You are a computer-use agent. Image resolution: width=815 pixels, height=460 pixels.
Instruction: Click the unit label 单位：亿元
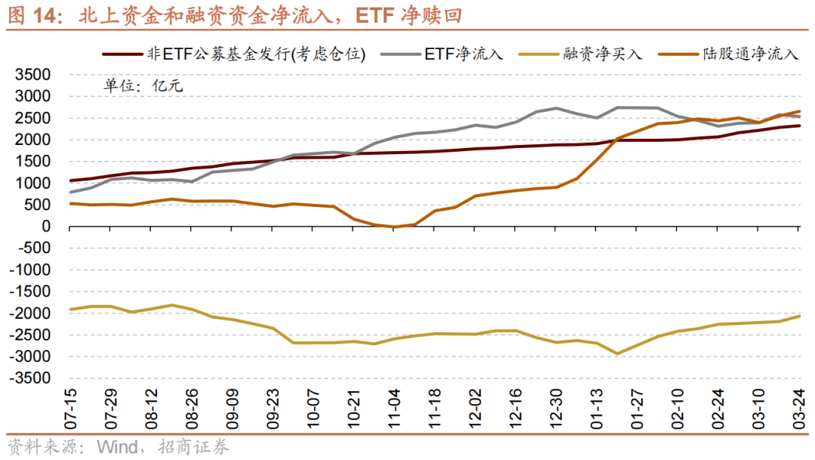coord(143,85)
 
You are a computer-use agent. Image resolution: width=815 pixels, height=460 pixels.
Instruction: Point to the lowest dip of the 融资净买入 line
coord(617,353)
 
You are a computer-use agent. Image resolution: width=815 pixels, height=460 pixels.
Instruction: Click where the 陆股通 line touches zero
coord(393,227)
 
